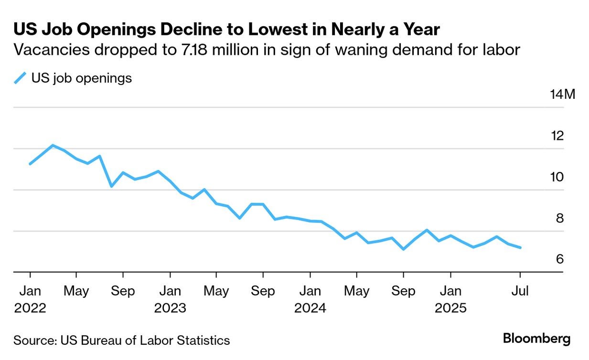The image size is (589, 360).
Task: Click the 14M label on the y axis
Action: [563, 94]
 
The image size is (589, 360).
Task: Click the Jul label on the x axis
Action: [520, 291]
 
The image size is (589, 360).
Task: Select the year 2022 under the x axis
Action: [30, 308]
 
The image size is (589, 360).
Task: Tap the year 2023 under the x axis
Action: [170, 308]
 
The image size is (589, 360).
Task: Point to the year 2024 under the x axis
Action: [310, 308]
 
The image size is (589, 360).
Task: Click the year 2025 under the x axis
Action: [450, 308]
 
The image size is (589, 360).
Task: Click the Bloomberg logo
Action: [536, 339]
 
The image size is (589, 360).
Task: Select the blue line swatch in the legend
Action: [20, 78]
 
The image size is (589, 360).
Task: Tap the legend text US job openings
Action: [81, 78]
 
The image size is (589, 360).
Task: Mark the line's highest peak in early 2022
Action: [53, 145]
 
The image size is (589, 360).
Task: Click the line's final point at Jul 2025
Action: [520, 248]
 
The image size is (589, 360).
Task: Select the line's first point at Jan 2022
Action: [30, 164]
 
